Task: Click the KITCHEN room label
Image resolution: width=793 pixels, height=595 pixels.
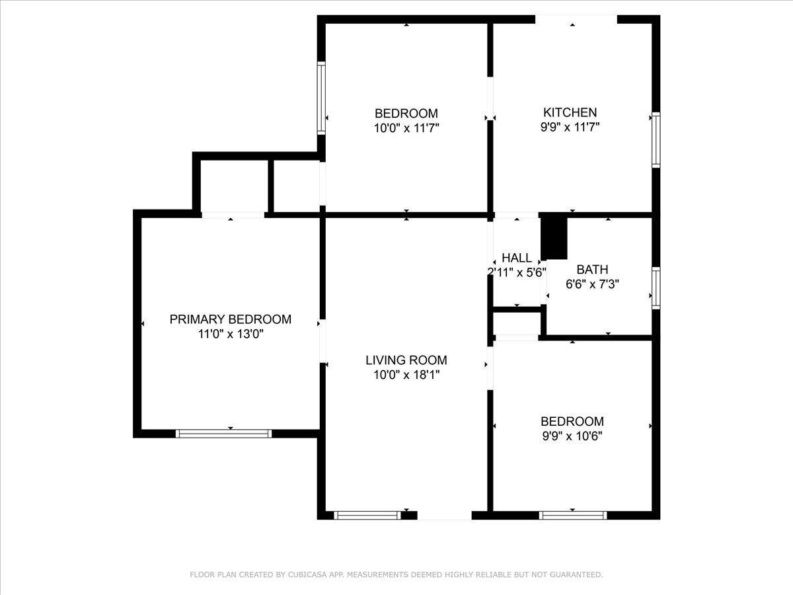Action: tap(570, 112)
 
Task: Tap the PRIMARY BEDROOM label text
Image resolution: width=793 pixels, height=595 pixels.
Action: tap(230, 319)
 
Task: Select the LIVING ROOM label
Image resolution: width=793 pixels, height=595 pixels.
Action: tap(406, 360)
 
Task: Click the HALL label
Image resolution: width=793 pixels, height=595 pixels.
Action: tap(516, 258)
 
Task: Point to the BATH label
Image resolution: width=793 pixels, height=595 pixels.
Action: tap(592, 270)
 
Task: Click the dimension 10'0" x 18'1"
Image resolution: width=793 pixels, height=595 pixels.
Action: tap(406, 375)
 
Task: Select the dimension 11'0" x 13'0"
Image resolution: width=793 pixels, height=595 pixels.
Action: tap(230, 334)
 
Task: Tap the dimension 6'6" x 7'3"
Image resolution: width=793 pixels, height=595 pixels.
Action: tap(592, 284)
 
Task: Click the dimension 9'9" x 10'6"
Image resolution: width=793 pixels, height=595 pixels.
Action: tap(572, 436)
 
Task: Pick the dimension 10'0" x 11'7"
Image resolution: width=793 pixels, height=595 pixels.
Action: tap(406, 127)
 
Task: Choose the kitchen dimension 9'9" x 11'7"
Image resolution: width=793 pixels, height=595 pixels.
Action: tap(570, 127)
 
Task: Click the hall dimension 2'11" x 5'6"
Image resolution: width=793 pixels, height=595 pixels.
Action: tap(516, 272)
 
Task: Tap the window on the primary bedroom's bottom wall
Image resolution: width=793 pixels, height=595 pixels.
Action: tap(224, 434)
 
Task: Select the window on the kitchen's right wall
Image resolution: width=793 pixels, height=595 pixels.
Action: tap(656, 139)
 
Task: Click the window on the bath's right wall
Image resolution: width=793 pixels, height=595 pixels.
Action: tap(656, 288)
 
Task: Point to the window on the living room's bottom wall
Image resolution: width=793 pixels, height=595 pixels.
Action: tap(367, 515)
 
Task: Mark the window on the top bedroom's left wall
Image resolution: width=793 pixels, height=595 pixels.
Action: tap(321, 98)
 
